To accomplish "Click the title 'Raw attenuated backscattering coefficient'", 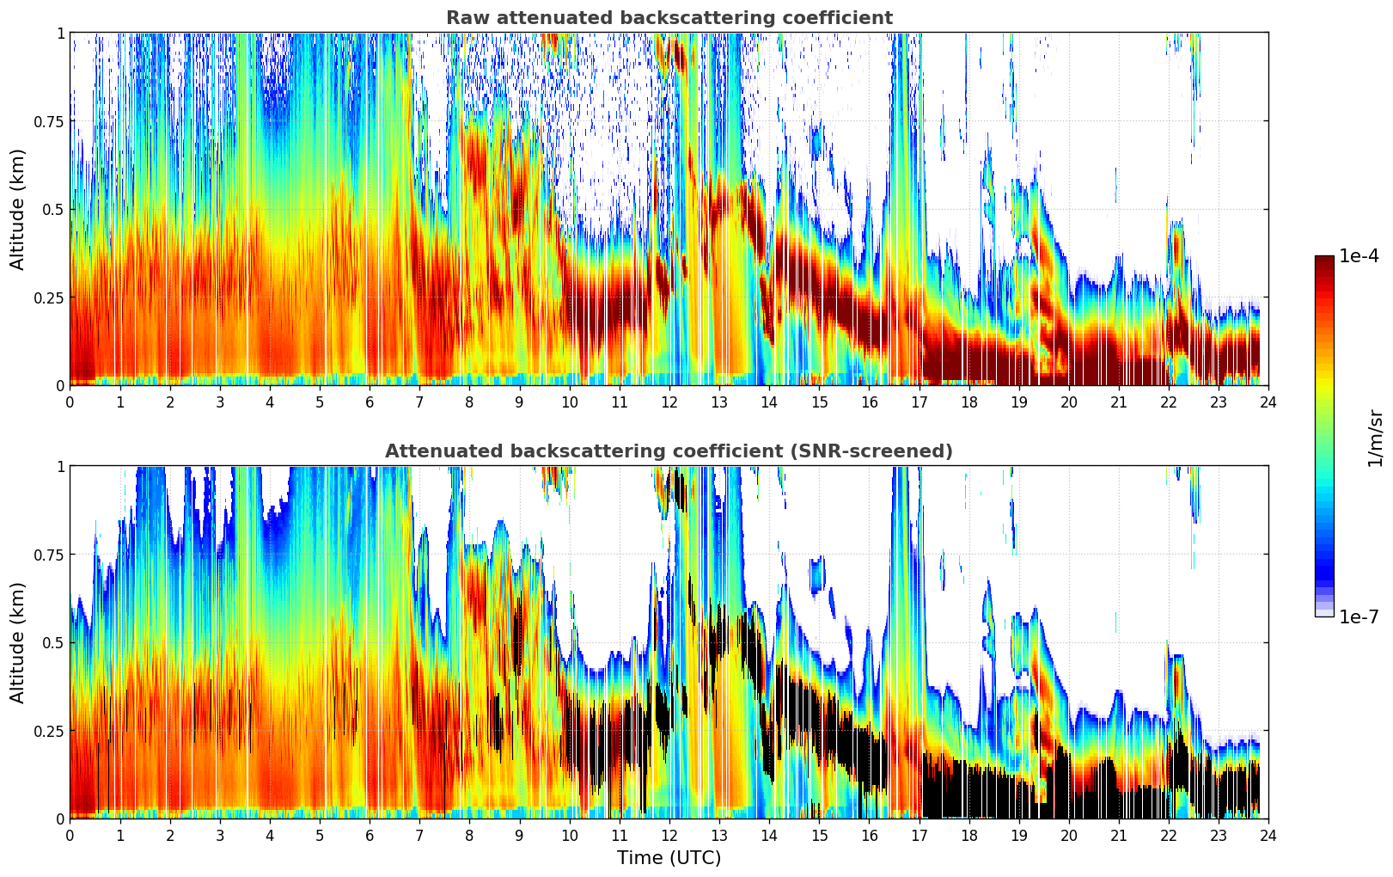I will pos(669,18).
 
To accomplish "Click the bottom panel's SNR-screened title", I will pos(669,451).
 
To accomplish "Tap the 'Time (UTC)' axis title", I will pos(669,858).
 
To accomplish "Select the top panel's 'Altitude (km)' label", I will pos(18,209).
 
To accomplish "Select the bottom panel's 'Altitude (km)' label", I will pos(18,642).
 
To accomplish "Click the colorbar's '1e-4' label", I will pos(1359,256).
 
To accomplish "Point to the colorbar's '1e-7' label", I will pos(1359,616).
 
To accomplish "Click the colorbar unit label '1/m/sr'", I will pos(1375,438).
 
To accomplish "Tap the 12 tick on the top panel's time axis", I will pos(669,402).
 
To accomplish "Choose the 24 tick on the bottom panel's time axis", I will pos(1268,835).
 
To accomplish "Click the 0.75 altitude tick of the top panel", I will pos(49,121).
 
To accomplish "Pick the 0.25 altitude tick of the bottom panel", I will pos(49,731).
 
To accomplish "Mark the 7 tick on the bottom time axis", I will pos(419,835).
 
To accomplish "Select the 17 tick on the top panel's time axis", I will pos(919,402).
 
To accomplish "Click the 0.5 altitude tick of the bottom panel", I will pos(53,642).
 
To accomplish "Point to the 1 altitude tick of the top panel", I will pos(60,33).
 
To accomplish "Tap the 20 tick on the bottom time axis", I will pos(1068,835).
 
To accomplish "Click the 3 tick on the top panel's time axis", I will pos(220,402).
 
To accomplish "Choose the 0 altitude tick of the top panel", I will pos(60,385).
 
